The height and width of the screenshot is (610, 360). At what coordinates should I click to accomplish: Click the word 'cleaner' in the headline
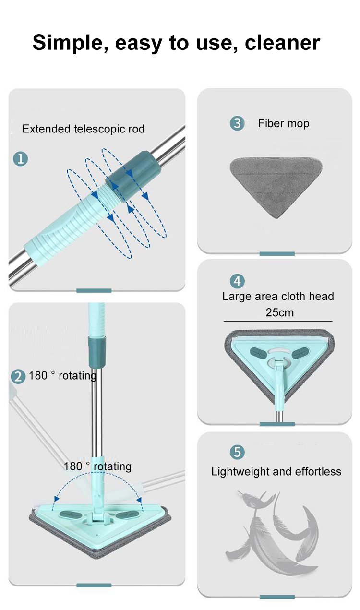(x=282, y=43)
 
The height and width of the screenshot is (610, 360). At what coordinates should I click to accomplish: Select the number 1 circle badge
(x=21, y=158)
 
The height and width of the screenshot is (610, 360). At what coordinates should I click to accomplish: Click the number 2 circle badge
(x=18, y=377)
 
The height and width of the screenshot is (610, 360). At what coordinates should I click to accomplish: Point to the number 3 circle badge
(x=237, y=123)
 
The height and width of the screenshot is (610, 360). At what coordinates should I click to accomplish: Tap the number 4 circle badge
(x=237, y=281)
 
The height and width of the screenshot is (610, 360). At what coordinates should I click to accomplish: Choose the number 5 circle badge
(x=237, y=452)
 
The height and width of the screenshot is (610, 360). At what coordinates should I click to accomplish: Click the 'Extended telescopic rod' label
(x=84, y=129)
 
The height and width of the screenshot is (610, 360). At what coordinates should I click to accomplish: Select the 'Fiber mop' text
(x=284, y=123)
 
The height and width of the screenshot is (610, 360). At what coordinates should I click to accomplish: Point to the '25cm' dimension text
(x=280, y=312)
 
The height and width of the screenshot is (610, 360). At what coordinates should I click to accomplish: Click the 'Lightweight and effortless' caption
(x=276, y=471)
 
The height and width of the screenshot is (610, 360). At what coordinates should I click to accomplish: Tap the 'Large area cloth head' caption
(x=278, y=296)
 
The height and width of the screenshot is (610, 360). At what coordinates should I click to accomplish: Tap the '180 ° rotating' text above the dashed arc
(x=97, y=466)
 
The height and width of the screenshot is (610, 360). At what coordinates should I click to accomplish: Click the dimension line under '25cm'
(x=278, y=321)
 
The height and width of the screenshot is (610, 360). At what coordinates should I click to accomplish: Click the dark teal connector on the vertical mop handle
(x=96, y=352)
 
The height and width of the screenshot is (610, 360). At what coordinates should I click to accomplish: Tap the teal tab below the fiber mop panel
(x=277, y=254)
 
